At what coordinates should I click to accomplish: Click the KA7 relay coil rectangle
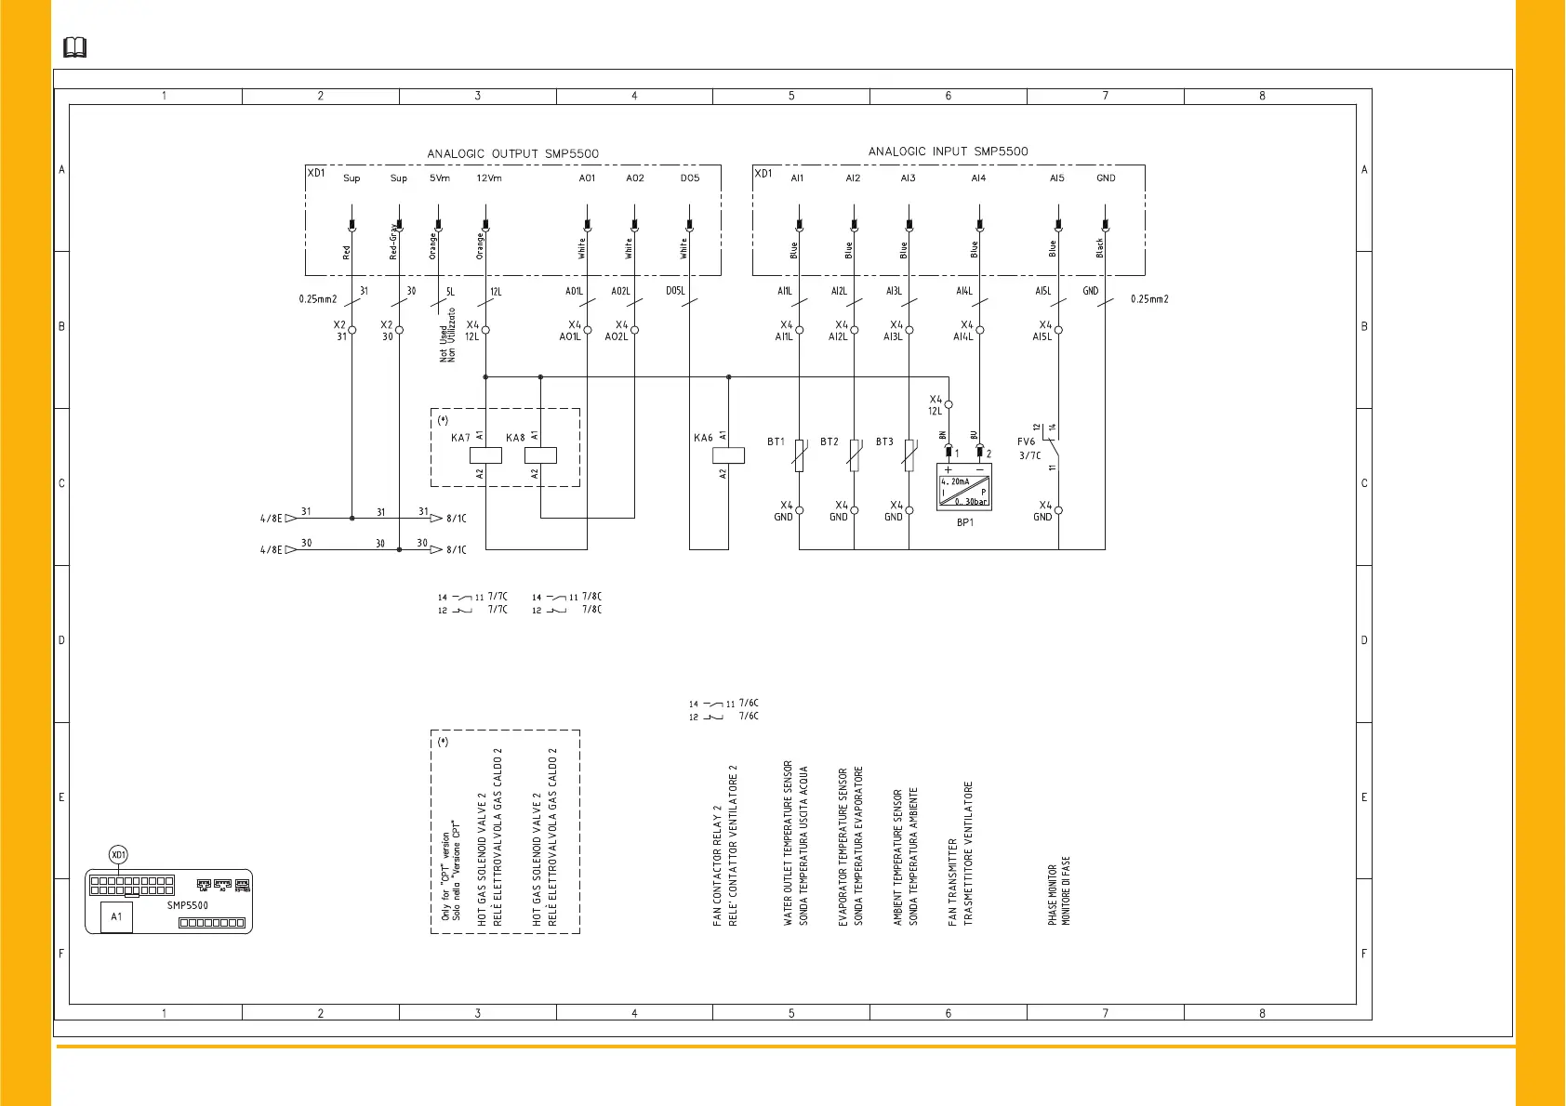[x=485, y=455]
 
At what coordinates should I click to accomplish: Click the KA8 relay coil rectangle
[x=540, y=455]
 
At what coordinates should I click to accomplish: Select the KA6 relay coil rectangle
[x=728, y=455]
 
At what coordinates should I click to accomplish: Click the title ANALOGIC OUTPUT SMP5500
[x=512, y=153]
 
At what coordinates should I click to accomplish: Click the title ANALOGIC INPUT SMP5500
[x=948, y=151]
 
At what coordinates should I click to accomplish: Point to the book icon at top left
[x=74, y=47]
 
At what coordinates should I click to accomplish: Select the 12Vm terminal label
[x=488, y=178]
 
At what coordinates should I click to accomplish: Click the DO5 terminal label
[x=689, y=178]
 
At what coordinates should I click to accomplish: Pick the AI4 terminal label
[x=978, y=178]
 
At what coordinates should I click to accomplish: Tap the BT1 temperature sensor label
[x=776, y=442]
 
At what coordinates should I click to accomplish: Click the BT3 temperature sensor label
[x=884, y=442]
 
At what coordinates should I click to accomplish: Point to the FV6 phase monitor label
[x=1026, y=442]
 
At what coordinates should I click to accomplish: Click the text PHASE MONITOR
[x=1052, y=894]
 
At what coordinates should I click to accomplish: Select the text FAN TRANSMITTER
[x=952, y=882]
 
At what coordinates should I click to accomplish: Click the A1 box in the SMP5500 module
[x=116, y=916]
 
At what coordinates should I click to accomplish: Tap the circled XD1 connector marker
[x=118, y=855]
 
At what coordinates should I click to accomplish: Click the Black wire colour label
[x=1099, y=247]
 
